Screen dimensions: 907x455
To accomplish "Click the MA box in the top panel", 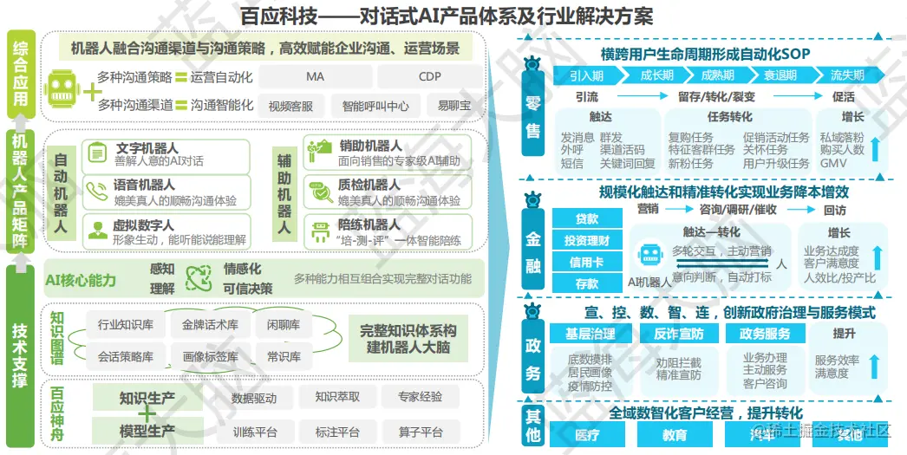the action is (x=315, y=76).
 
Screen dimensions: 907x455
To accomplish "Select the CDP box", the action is (x=429, y=76).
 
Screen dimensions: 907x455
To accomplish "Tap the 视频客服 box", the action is (x=290, y=106).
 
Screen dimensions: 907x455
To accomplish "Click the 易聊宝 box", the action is (x=453, y=106).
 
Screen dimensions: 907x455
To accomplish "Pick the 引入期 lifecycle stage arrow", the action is (x=586, y=75).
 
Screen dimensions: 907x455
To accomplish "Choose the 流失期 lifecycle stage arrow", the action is (x=847, y=75).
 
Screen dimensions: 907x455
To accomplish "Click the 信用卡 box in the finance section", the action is (x=586, y=262).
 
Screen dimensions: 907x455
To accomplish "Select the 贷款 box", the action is (x=586, y=218).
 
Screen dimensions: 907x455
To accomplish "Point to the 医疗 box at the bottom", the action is (x=586, y=434).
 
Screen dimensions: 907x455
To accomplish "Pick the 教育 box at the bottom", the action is (x=675, y=434).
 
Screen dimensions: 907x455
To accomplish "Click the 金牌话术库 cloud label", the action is (x=211, y=326).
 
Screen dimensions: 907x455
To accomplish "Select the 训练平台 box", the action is (x=255, y=432).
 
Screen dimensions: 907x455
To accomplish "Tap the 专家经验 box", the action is (x=420, y=398).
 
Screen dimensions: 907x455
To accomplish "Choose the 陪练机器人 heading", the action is (x=370, y=224).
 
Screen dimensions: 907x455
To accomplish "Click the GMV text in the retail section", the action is (x=832, y=163).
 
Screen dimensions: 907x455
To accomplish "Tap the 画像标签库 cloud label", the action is (x=211, y=356).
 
